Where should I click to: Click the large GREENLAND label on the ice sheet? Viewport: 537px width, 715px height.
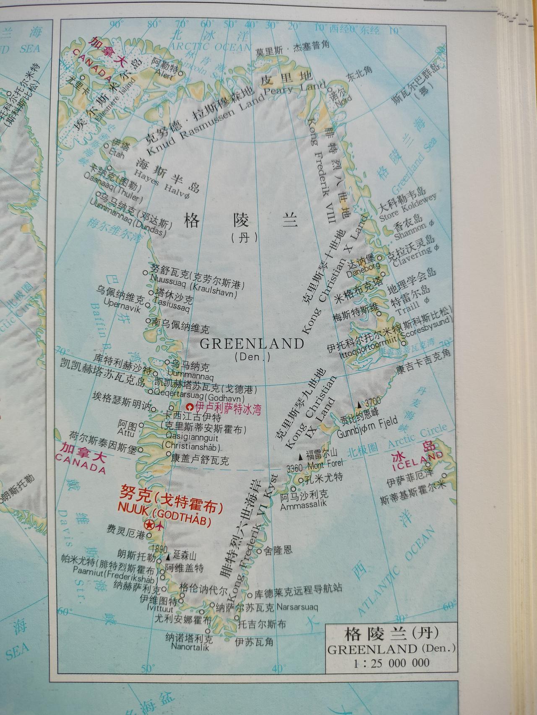pos(252,344)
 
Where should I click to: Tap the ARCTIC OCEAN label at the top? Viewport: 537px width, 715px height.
pos(205,47)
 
